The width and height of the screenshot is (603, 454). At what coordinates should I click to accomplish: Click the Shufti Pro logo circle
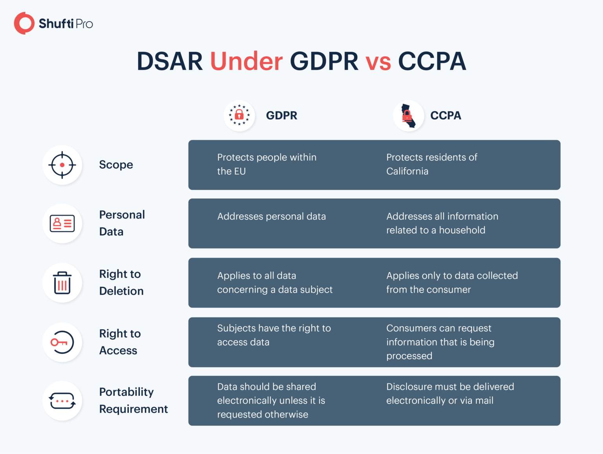click(24, 24)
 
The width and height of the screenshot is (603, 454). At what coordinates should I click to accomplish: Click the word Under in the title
click(246, 61)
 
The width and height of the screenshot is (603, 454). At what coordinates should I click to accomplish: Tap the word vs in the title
click(378, 62)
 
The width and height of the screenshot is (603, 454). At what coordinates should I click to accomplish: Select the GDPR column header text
click(281, 115)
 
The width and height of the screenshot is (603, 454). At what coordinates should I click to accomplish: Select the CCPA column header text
click(446, 115)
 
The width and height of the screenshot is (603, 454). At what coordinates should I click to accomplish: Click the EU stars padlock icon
click(239, 115)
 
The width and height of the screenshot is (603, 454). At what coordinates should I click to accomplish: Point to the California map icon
click(408, 116)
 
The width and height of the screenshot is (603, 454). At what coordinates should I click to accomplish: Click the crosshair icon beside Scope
click(62, 165)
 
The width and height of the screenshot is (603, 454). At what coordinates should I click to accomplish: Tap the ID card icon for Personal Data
click(62, 223)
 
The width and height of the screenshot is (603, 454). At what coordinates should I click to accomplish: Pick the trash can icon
click(62, 283)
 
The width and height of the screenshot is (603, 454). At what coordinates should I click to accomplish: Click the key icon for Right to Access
click(62, 342)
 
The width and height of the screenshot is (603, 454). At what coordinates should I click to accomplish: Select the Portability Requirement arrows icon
click(62, 401)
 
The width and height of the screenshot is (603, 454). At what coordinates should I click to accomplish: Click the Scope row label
click(116, 165)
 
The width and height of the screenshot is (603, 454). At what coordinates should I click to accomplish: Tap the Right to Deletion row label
click(121, 282)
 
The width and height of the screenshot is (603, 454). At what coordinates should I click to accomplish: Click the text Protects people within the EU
click(267, 164)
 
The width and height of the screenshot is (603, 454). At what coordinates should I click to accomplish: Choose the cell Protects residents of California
click(431, 164)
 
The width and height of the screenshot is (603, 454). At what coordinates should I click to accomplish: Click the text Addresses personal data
click(271, 216)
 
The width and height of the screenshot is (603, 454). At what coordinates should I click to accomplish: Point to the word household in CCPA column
click(462, 230)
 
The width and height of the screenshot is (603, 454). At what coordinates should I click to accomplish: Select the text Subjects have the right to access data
click(274, 335)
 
